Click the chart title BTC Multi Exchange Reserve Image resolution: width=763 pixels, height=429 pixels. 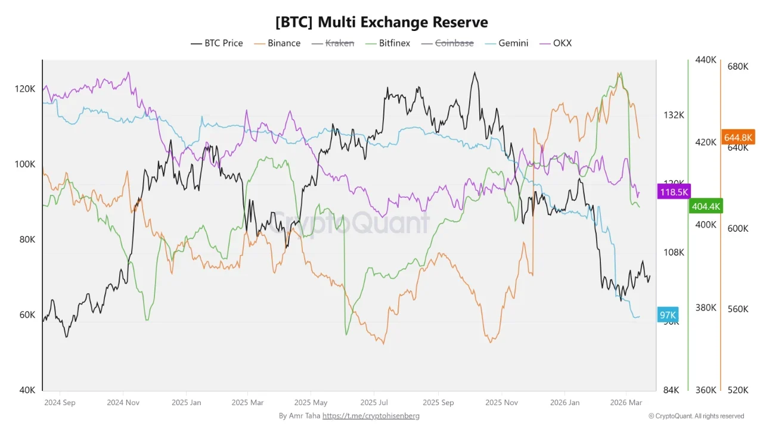coord(381,22)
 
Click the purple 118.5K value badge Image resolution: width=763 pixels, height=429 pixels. coord(674,192)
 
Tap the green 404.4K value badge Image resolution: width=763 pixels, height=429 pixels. coord(705,207)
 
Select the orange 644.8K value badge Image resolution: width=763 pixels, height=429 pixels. coord(738,138)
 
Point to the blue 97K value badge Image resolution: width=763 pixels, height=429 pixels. coord(668,315)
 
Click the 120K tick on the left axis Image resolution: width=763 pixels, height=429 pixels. coord(25,89)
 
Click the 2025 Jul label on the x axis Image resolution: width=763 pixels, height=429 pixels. coord(375,402)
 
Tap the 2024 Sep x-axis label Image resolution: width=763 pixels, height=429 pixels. coord(60,402)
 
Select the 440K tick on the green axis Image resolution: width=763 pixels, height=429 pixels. coord(705,60)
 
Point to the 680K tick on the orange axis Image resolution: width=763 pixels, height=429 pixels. coord(737,66)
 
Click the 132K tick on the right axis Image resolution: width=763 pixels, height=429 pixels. coord(674,114)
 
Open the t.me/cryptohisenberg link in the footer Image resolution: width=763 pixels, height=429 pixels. coord(371,416)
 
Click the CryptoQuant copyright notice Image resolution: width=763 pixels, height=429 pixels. coord(696,416)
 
